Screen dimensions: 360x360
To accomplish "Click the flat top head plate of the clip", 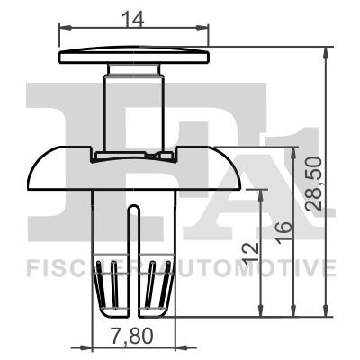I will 135,58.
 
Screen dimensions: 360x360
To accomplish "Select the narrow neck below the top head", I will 134,99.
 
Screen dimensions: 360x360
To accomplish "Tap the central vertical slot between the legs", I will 134,261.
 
